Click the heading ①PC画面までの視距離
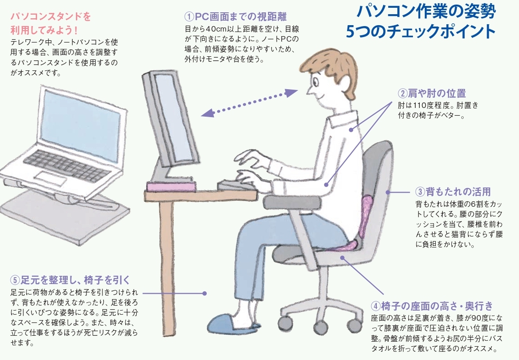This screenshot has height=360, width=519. tap(235, 16)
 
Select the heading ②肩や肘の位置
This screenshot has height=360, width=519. tap(432, 93)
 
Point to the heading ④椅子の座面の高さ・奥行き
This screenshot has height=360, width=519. tap(432, 306)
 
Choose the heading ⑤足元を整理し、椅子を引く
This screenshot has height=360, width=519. tap(70, 280)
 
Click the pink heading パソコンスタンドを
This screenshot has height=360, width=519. tap(50, 16)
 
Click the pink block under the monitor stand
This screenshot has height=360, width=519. tap(170, 187)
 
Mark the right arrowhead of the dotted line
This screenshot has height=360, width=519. tap(292, 92)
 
